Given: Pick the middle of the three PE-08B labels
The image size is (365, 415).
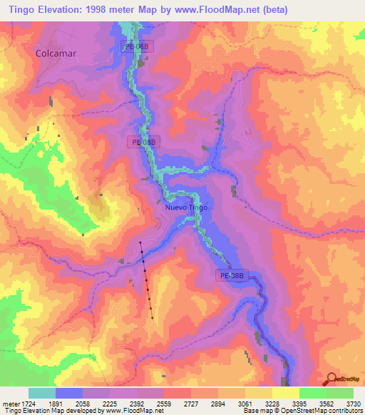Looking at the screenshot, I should [145, 142].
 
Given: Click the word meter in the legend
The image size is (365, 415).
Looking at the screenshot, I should [8, 403].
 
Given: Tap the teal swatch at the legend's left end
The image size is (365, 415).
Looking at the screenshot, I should [41, 393].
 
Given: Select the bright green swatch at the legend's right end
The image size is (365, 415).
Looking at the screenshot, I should [339, 393].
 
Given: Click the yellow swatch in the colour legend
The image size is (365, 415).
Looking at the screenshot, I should [285, 393].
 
